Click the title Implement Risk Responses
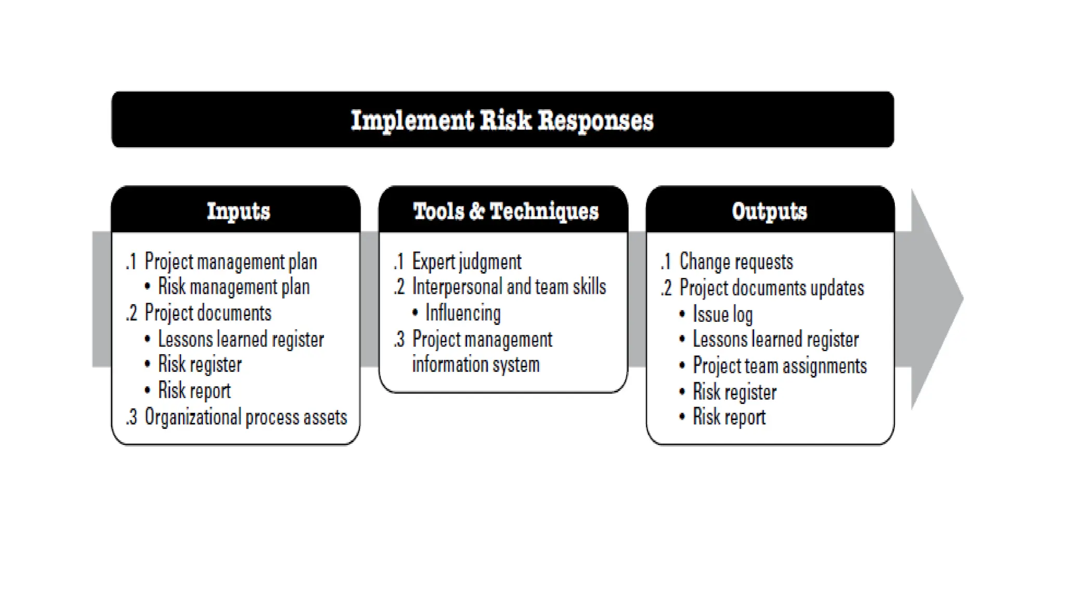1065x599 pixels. click(502, 120)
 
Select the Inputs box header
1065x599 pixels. click(238, 211)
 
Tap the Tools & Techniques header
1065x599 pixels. click(505, 211)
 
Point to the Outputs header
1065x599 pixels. click(769, 211)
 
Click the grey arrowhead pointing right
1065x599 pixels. click(936, 299)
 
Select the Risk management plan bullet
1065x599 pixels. click(233, 287)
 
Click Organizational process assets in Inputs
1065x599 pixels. click(245, 417)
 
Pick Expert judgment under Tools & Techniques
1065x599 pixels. click(466, 262)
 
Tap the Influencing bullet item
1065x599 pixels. click(463, 313)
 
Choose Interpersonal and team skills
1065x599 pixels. click(509, 287)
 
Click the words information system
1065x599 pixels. click(475, 364)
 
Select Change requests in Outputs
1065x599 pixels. click(736, 262)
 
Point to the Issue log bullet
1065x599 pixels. click(722, 314)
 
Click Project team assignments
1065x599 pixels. click(780, 366)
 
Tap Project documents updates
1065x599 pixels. click(771, 288)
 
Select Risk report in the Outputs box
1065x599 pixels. click(729, 417)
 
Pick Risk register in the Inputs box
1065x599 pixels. click(200, 364)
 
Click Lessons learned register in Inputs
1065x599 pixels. click(241, 340)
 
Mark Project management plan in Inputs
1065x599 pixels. click(230, 262)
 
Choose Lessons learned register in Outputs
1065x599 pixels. click(775, 340)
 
